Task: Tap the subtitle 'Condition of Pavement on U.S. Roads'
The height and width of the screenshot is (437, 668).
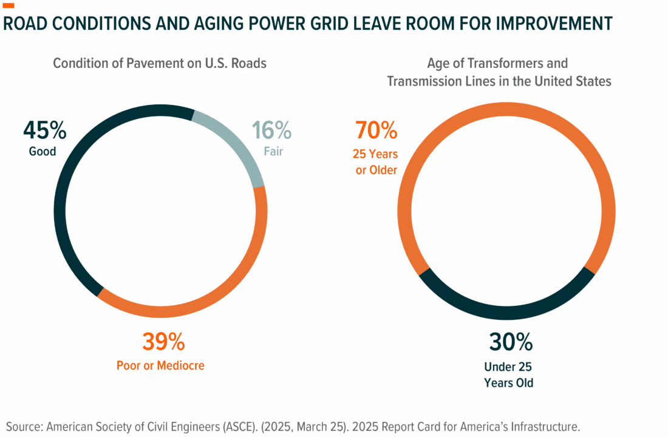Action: (160, 63)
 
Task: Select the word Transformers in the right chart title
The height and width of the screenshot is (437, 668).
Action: (519, 63)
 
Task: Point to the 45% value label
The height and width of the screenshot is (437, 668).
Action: (44, 130)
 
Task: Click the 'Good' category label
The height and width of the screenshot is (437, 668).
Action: (43, 151)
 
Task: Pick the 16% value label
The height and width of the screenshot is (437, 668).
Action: (271, 130)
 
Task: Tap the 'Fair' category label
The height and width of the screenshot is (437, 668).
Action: (272, 151)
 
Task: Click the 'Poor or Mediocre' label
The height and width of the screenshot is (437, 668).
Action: (160, 365)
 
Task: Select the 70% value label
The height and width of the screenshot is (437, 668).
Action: (376, 130)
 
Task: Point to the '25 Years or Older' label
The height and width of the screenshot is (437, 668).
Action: (377, 162)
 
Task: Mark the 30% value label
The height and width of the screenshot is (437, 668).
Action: (511, 342)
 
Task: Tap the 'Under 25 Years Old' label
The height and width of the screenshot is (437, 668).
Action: (508, 374)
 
